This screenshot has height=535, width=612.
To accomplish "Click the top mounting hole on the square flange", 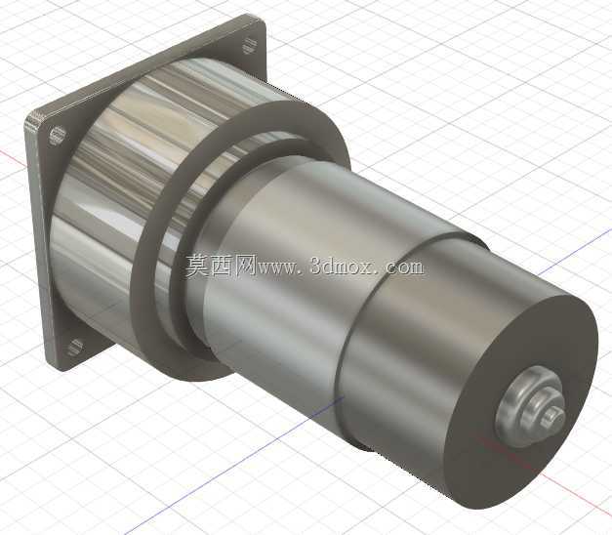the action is pyautogui.click(x=248, y=45).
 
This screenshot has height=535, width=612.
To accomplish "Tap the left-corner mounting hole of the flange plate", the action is pyautogui.click(x=58, y=135).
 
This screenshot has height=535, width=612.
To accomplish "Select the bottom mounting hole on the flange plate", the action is pyautogui.click(x=75, y=348).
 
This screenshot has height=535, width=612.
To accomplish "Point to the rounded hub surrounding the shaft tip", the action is pyautogui.click(x=530, y=406).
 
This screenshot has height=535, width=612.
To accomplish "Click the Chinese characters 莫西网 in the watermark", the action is pyautogui.click(x=221, y=267).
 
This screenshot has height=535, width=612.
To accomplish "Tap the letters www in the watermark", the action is pyautogui.click(x=278, y=268).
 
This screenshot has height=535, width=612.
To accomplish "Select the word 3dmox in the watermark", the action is pyautogui.click(x=344, y=267).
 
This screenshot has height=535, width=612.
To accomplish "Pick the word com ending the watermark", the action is pyautogui.click(x=405, y=267).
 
